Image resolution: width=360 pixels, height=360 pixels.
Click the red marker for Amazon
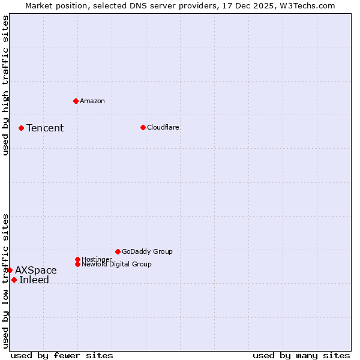[76, 101]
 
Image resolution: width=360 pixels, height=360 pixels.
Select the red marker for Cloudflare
[143, 127]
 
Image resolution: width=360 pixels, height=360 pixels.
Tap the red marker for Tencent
[21, 128]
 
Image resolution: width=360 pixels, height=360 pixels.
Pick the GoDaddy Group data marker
[118, 251]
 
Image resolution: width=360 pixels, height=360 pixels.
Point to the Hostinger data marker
[77, 259]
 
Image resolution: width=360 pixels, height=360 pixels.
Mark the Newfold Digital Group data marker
[77, 264]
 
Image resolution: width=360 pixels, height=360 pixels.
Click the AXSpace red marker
[10, 270]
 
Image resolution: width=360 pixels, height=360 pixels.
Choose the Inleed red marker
[14, 280]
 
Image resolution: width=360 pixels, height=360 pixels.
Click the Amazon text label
[92, 101]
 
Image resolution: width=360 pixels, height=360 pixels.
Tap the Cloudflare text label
[163, 127]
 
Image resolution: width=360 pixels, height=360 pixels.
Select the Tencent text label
[45, 128]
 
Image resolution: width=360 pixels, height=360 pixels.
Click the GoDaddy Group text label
[147, 251]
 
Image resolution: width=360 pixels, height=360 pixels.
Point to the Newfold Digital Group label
[116, 264]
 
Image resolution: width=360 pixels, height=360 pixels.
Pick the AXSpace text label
[36, 270]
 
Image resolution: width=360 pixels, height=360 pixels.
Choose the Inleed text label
[34, 280]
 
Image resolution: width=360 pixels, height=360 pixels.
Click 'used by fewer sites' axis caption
[62, 355]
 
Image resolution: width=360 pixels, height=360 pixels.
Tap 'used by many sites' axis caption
[301, 355]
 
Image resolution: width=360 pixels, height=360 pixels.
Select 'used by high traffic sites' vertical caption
[5, 85]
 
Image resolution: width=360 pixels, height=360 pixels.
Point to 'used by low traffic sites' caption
[5, 281]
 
